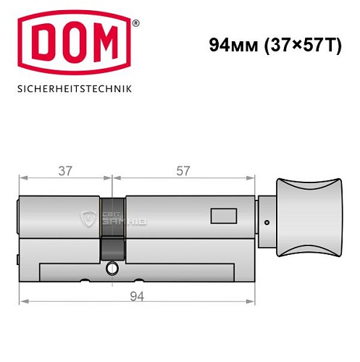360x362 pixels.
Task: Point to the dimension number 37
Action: coord(65,171)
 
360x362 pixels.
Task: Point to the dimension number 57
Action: coord(183,171)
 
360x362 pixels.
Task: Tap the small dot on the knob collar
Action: coord(267,222)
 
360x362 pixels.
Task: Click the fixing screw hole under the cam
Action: coord(112,269)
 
